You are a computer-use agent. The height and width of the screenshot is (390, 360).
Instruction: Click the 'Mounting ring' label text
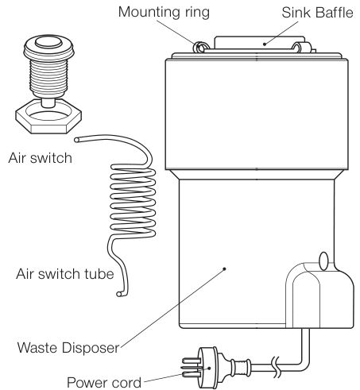[x=164, y=13]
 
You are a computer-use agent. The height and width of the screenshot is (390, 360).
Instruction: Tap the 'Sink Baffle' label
[x=317, y=13]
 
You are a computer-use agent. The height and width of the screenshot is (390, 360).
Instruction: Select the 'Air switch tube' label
[x=65, y=273]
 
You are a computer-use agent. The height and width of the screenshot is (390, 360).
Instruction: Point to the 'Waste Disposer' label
[x=68, y=348]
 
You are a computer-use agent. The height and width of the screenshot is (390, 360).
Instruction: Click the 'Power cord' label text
[x=104, y=383]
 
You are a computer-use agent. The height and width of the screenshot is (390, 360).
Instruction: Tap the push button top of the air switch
[x=48, y=42]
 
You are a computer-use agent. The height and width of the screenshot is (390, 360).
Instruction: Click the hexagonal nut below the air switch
[x=48, y=116]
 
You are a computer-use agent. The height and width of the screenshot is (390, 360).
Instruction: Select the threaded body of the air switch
[x=48, y=77]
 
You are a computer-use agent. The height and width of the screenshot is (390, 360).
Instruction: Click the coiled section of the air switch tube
[x=133, y=201]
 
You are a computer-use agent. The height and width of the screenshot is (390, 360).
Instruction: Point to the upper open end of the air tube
[x=77, y=140]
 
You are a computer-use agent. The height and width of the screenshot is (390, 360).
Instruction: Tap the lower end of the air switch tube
[x=119, y=294]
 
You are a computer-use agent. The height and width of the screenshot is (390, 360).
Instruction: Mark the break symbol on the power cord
[x=276, y=367]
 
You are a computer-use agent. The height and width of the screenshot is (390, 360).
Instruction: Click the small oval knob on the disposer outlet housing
[x=323, y=261]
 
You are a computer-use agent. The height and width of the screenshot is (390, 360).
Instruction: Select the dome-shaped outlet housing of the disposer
[x=320, y=295]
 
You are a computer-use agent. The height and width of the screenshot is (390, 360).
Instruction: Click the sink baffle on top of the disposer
[x=260, y=43]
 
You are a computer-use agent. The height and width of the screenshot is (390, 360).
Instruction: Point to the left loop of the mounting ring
[x=199, y=47]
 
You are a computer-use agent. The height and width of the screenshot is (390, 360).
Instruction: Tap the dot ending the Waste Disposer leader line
[x=224, y=269]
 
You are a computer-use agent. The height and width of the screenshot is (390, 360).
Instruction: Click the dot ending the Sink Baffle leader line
[x=265, y=44]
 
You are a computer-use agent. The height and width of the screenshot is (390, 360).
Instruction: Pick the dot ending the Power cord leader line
[x=209, y=368]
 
